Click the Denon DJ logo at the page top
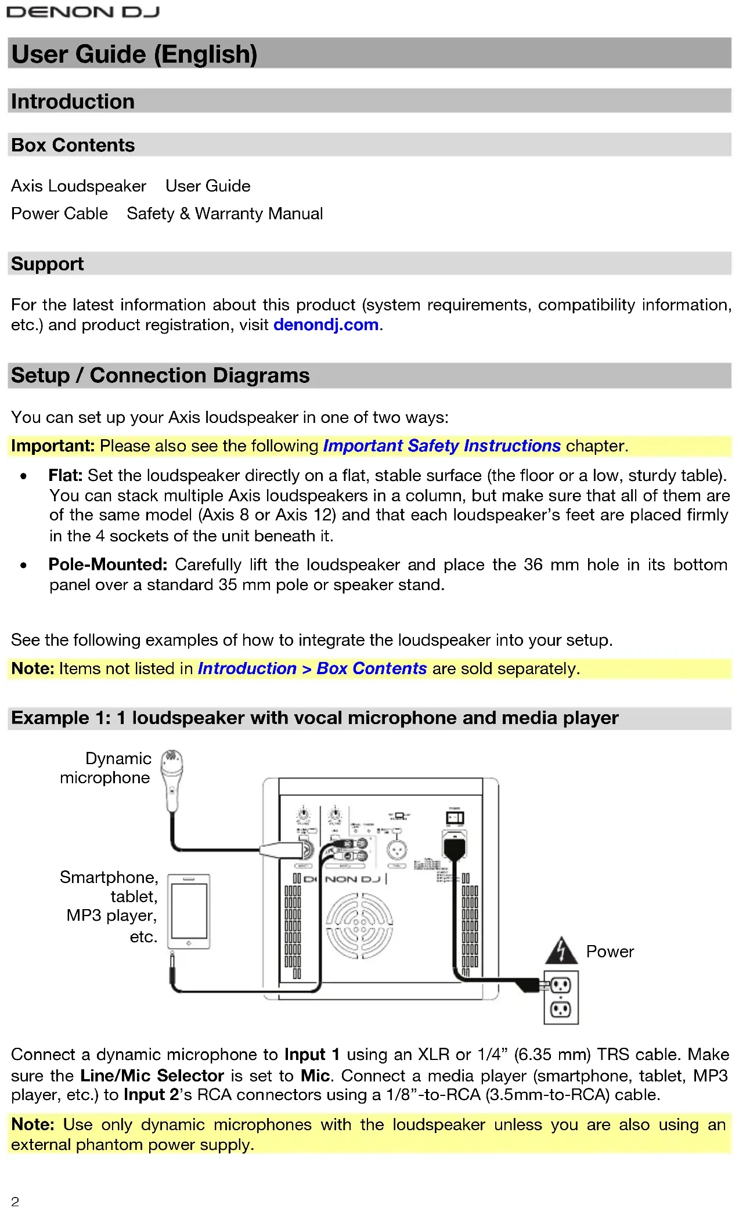click(x=82, y=12)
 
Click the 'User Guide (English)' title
click(x=134, y=54)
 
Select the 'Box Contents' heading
click(x=73, y=145)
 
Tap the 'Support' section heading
click(x=47, y=264)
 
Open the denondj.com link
click(x=326, y=325)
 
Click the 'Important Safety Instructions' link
click(x=442, y=446)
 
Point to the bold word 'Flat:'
click(x=66, y=476)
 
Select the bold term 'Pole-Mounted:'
click(x=108, y=565)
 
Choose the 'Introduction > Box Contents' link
click(x=312, y=669)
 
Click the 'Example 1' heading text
click(x=315, y=718)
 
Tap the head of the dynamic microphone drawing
click(x=172, y=762)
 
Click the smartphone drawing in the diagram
click(x=189, y=911)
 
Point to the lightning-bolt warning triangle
click(x=561, y=951)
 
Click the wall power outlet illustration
click(x=561, y=997)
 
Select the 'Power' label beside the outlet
click(x=610, y=951)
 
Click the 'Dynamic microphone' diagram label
click(x=106, y=768)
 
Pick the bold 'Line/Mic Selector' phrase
click(x=152, y=1076)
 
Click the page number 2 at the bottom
click(x=15, y=1202)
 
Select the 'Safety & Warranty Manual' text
click(x=225, y=214)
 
